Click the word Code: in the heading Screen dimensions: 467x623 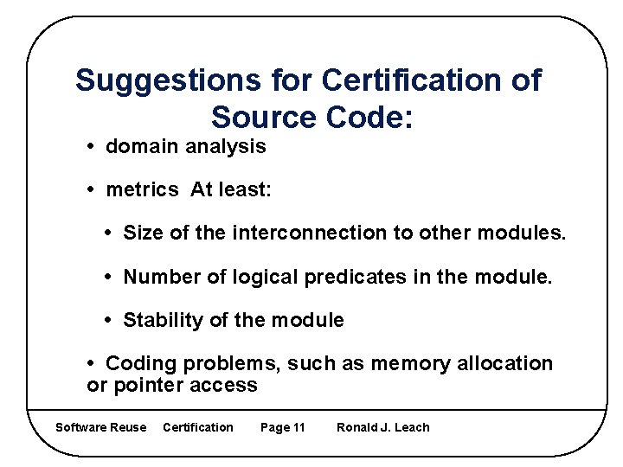(x=364, y=116)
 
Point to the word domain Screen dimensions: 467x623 (x=141, y=147)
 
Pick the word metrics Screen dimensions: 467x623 (x=142, y=190)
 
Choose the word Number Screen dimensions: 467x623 (x=158, y=277)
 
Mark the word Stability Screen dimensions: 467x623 (x=164, y=320)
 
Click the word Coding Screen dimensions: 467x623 (x=139, y=363)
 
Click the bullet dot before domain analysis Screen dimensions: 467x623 (x=93, y=147)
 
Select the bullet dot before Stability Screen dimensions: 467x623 (x=111, y=320)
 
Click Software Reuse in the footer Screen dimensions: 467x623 (x=100, y=427)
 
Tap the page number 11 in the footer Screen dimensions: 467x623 (x=299, y=427)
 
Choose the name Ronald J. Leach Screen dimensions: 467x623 (x=382, y=427)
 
